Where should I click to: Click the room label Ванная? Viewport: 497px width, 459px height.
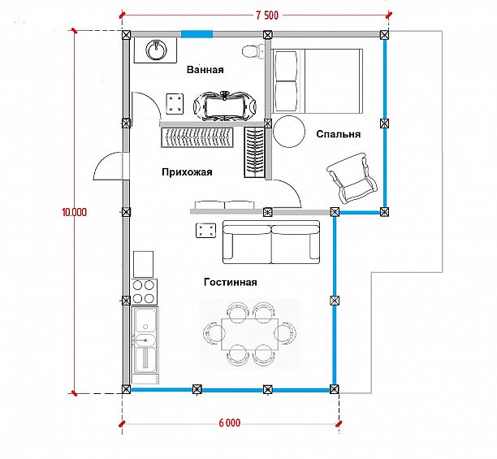(x=205, y=69)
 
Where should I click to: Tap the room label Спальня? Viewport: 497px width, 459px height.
(x=338, y=134)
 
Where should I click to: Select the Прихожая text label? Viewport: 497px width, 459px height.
(x=187, y=172)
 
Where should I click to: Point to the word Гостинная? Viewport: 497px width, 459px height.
(x=230, y=282)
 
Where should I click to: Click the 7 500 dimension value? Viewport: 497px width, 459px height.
(x=267, y=15)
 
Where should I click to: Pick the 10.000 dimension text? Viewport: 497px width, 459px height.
(x=74, y=212)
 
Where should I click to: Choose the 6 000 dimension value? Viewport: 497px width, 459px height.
(x=230, y=422)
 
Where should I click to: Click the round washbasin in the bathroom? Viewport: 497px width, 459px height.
(x=156, y=50)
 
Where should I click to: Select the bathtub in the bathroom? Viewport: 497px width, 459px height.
(x=225, y=106)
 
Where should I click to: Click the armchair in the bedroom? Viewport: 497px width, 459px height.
(x=351, y=178)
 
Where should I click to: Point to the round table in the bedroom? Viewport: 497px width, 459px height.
(x=289, y=132)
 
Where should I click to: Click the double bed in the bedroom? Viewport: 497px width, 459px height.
(x=318, y=80)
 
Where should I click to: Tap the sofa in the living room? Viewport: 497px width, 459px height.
(x=271, y=242)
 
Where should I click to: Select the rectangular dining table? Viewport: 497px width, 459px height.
(x=250, y=334)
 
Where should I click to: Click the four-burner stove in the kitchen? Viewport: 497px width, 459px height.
(x=143, y=292)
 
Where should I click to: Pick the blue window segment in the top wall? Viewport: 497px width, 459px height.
(x=197, y=34)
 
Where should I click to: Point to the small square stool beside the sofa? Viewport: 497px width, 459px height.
(x=206, y=231)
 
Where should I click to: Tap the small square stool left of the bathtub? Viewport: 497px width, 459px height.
(x=175, y=104)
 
